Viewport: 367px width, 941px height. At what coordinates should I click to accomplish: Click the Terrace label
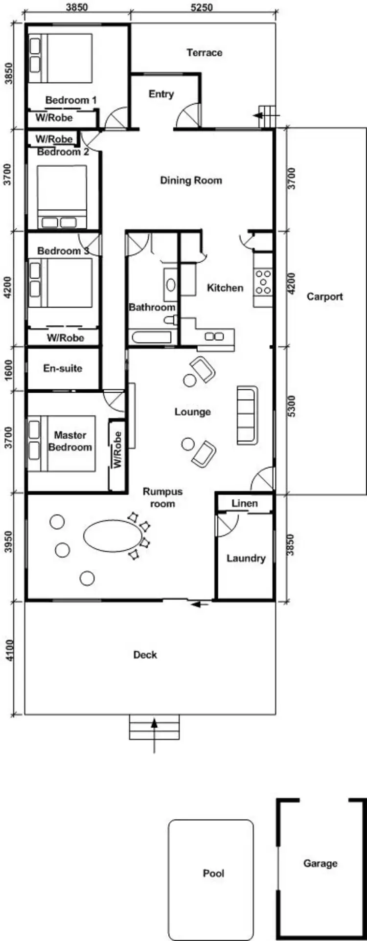click(x=204, y=53)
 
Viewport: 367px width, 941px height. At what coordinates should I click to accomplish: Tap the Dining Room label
click(x=191, y=180)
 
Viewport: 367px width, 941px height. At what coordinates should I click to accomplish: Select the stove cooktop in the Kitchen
click(x=263, y=282)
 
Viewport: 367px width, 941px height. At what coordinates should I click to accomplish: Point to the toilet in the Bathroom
click(x=171, y=320)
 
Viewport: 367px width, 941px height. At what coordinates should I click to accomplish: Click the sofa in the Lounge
click(x=247, y=415)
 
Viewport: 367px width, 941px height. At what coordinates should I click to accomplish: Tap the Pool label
click(x=213, y=874)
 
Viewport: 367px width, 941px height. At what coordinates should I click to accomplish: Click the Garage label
click(x=320, y=864)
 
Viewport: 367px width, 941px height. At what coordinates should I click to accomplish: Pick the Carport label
click(x=324, y=297)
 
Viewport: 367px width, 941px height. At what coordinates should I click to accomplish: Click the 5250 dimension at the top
click(x=201, y=7)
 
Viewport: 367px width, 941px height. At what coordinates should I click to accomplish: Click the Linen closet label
click(x=245, y=503)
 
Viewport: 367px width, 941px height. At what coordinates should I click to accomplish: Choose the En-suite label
click(x=63, y=368)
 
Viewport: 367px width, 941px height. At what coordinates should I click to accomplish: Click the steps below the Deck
click(x=154, y=727)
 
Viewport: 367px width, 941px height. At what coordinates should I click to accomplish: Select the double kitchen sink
click(x=214, y=336)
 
